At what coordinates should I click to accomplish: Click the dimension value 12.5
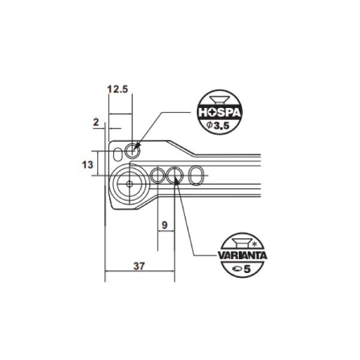point(118,89)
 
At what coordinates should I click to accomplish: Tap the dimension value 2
point(96,122)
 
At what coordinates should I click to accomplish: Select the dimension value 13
point(88,164)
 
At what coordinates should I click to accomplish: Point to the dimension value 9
point(164,225)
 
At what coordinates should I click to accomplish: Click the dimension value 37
point(139,266)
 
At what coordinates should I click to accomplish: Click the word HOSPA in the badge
point(220,113)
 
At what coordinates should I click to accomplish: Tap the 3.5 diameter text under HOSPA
point(218,125)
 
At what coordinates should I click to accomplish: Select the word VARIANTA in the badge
point(242,256)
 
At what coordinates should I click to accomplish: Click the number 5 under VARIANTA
point(247,269)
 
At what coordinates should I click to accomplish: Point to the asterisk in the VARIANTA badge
point(254,244)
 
